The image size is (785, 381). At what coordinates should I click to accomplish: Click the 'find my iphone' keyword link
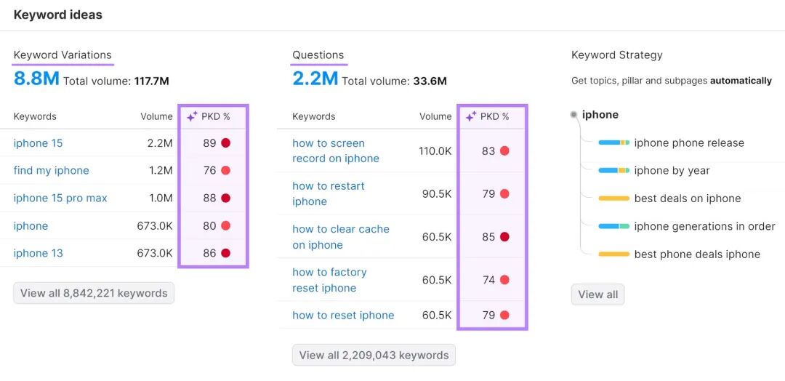(51, 171)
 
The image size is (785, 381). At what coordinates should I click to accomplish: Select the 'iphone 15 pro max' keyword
(60, 198)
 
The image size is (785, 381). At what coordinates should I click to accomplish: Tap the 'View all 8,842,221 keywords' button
(94, 294)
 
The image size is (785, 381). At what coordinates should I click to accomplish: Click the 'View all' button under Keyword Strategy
(597, 294)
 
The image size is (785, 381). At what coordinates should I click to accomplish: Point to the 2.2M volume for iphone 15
(160, 143)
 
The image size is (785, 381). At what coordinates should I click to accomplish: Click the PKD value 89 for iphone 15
(209, 143)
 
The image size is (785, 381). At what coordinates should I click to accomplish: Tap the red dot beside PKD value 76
(226, 171)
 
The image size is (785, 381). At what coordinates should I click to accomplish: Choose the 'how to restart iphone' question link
(329, 193)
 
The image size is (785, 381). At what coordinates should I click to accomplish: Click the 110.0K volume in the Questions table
(435, 151)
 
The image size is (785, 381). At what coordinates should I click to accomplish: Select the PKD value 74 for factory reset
(488, 280)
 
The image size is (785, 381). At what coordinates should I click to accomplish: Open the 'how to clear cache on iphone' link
(340, 237)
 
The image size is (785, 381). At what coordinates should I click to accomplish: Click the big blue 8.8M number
(36, 79)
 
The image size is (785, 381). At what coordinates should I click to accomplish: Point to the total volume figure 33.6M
(430, 81)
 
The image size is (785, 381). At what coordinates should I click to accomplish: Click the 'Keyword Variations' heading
(63, 55)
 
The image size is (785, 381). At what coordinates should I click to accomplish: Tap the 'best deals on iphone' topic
(688, 198)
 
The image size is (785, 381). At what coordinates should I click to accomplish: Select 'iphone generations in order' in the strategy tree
(704, 226)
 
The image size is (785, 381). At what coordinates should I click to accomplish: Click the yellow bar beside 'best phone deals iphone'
(613, 254)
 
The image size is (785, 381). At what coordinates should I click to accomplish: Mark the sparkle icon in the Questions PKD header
(471, 116)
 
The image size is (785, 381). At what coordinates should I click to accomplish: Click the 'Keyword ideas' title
(57, 15)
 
